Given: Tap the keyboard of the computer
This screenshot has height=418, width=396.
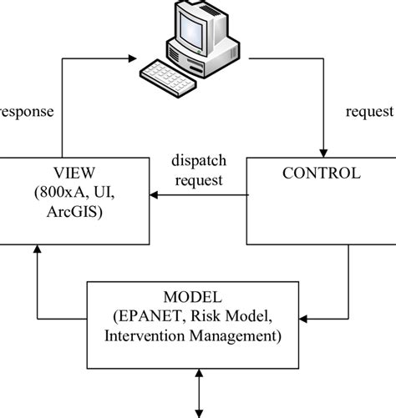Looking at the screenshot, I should click(170, 72).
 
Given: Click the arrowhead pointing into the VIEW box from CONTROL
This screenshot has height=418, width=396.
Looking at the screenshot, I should click(152, 196).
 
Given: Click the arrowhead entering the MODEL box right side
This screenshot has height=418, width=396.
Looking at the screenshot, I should click(307, 319).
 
